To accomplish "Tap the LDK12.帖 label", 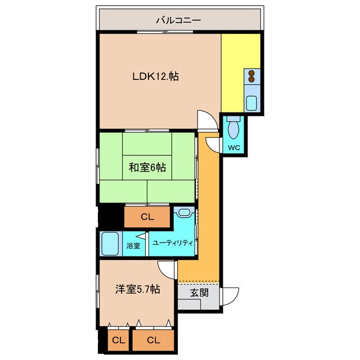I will (x=155, y=76).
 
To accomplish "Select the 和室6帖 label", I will (x=147, y=167).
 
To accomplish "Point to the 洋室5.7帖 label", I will (x=138, y=290).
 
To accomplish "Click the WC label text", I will (x=234, y=148).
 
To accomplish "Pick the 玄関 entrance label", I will (x=199, y=292).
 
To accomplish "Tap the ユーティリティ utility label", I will (x=173, y=243).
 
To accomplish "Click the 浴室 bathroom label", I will (x=133, y=245).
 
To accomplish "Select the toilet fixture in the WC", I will (x=234, y=127).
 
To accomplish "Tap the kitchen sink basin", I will (x=251, y=103).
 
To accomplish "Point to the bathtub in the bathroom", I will (x=111, y=244).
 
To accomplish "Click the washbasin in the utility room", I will (x=184, y=213).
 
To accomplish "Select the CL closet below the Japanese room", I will (x=147, y=217).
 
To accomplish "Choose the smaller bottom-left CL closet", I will (x=118, y=340).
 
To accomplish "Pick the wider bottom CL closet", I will (x=152, y=340).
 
